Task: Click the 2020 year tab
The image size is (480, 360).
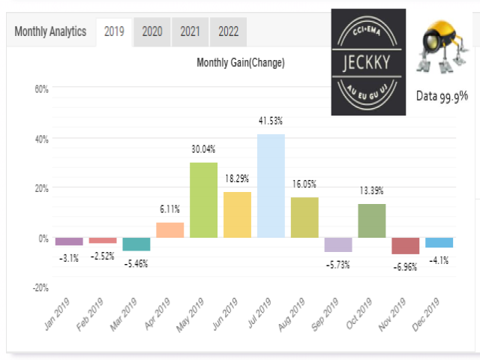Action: (152, 31)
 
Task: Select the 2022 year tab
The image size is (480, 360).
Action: (228, 31)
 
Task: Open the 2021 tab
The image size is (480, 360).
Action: (190, 31)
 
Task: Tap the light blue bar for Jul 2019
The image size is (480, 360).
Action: (271, 186)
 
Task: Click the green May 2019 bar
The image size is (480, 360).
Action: (203, 200)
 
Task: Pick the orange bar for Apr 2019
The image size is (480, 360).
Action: (170, 230)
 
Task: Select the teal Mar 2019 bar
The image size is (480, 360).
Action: (136, 244)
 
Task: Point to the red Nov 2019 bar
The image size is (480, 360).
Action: (406, 246)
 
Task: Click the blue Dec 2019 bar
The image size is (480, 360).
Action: (439, 242)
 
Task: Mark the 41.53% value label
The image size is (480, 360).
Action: (271, 121)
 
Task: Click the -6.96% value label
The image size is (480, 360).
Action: (405, 267)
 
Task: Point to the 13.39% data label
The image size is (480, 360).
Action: (371, 190)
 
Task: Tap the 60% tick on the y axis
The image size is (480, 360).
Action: (42, 89)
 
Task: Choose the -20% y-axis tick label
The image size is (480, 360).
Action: (40, 288)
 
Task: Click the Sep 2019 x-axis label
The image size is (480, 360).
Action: (325, 314)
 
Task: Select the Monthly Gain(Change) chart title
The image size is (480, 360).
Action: (241, 63)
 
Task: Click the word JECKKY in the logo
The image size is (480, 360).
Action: (367, 63)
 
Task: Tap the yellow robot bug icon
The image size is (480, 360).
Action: (442, 46)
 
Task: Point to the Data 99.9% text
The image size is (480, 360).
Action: (442, 97)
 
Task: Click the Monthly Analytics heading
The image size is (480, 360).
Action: (50, 31)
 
